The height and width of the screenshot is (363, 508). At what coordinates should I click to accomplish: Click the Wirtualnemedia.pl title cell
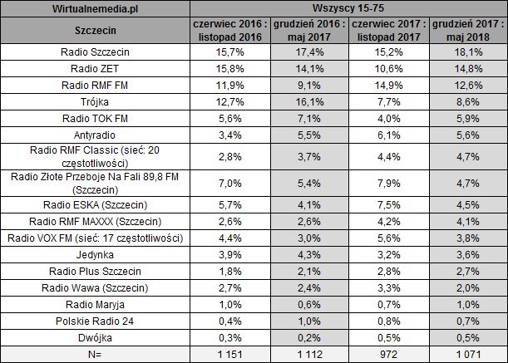(x=96, y=9)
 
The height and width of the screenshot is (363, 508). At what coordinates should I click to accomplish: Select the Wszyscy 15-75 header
(x=350, y=9)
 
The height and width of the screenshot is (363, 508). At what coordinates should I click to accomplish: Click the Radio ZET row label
(x=96, y=69)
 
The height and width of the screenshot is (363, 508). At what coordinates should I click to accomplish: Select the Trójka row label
(x=96, y=101)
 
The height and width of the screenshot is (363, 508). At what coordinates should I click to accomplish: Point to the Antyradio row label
(x=96, y=134)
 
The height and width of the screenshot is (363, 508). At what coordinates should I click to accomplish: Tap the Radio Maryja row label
(x=96, y=305)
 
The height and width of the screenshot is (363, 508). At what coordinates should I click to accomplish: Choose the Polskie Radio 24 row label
(x=96, y=321)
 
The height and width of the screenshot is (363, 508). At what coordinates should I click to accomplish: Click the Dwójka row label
(x=96, y=337)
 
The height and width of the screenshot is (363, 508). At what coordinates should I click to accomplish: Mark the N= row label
(x=96, y=354)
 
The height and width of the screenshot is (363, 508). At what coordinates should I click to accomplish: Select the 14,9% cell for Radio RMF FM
(x=390, y=85)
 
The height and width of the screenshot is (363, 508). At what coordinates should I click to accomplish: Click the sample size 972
(x=390, y=354)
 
